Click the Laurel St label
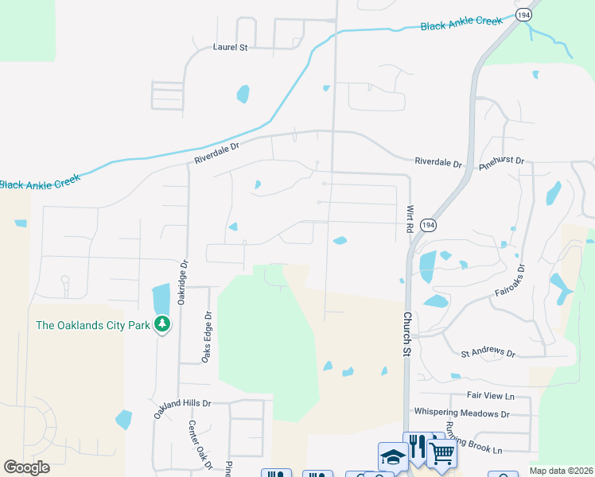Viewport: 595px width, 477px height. pos(231,48)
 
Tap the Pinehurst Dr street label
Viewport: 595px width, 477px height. pos(503,161)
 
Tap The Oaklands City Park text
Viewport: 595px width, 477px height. pos(93,324)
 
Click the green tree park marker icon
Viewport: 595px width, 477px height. pos(162,324)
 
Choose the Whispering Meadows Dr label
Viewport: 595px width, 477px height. pos(461,413)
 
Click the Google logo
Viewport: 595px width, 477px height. pos(26,467)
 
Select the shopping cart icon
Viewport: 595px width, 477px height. pos(441,454)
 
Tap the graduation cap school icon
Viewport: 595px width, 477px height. pos(393,456)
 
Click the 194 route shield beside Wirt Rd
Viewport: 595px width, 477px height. pos(429,226)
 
